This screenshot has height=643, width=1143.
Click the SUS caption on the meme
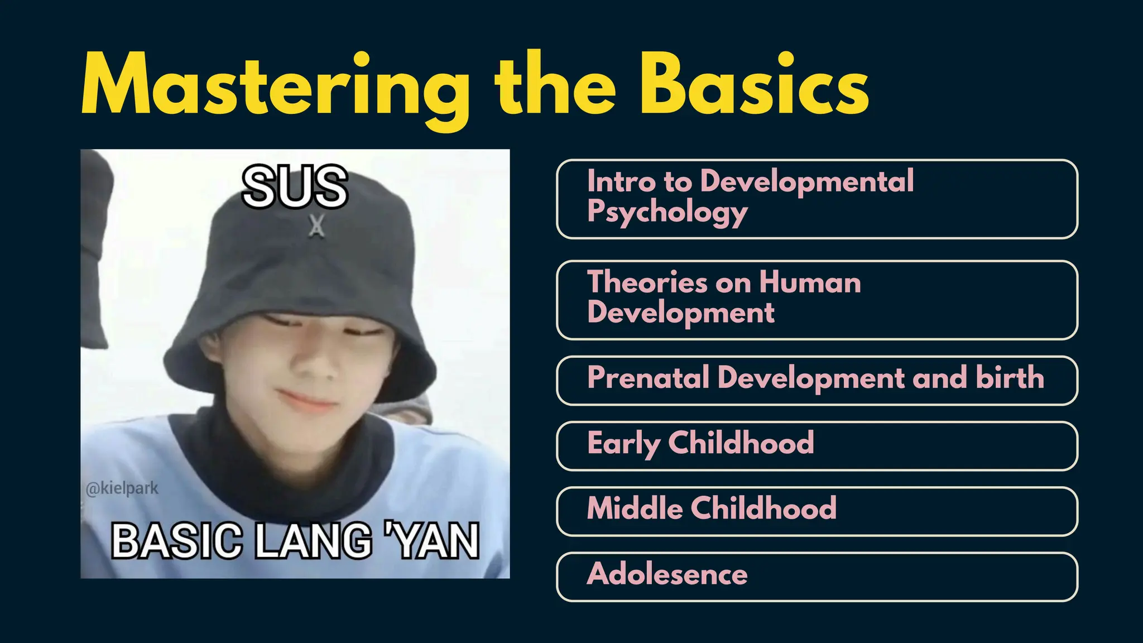(x=295, y=186)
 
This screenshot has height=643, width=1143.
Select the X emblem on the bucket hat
(x=316, y=227)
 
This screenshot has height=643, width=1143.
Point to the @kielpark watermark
(x=122, y=488)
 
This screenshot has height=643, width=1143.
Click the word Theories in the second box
(x=647, y=282)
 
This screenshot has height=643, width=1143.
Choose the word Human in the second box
(x=810, y=282)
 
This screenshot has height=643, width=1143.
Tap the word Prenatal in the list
(x=648, y=378)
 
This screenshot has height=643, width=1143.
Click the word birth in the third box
(x=1010, y=378)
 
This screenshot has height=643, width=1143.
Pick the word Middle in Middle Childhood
(x=635, y=508)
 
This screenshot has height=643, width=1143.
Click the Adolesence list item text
(x=667, y=574)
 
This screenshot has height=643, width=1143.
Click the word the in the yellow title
(x=555, y=84)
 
